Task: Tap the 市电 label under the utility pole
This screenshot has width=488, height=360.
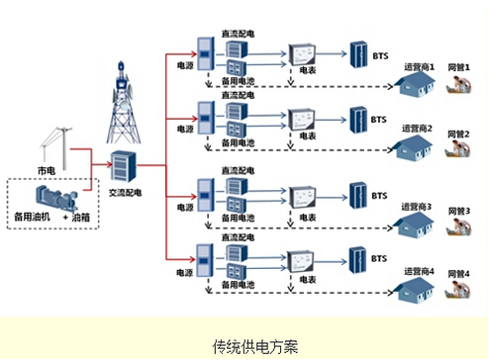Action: click(x=47, y=171)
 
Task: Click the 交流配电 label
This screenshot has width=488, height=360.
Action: click(x=125, y=193)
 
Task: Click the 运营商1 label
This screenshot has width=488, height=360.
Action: click(x=421, y=65)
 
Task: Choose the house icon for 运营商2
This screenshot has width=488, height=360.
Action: click(x=414, y=148)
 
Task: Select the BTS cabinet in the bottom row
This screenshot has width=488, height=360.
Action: click(x=355, y=260)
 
